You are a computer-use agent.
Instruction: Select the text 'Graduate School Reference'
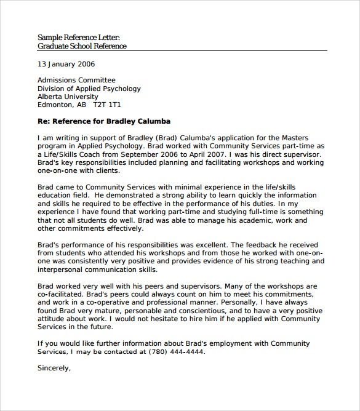tap(82, 46)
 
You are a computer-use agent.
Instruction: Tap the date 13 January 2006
tap(66, 64)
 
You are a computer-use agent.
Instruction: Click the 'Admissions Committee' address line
tap(76, 81)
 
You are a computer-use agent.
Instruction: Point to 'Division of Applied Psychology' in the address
tap(89, 89)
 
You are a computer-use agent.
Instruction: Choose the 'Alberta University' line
tap(68, 97)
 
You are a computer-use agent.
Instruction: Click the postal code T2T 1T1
tap(107, 105)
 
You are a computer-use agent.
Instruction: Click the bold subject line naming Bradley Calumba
tap(104, 121)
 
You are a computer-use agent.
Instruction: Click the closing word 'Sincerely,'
tap(54, 368)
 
